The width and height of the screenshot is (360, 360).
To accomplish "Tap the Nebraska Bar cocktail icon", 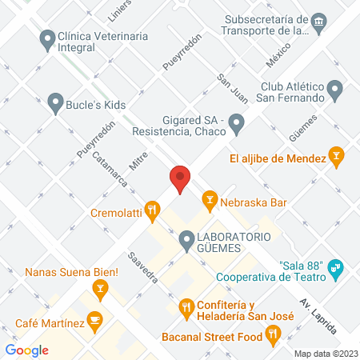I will (x=210, y=198).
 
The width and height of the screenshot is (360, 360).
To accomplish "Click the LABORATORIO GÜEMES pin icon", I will (x=186, y=238).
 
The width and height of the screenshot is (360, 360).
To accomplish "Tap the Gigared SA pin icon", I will (x=236, y=123).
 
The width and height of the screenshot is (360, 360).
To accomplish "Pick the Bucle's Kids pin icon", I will (x=55, y=102).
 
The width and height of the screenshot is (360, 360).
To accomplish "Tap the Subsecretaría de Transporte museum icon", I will (x=319, y=20).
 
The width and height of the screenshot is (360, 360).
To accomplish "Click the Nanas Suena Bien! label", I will (x=72, y=273).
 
